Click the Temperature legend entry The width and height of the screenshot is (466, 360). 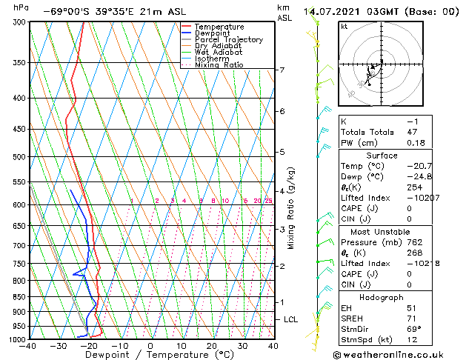click(219, 27)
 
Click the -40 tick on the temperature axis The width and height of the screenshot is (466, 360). click(28, 346)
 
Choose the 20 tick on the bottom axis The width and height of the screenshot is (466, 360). click(211, 346)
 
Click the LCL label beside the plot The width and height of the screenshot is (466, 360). click(291, 319)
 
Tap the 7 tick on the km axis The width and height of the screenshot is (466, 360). click(282, 70)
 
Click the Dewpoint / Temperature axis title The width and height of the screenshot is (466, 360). click(150, 356)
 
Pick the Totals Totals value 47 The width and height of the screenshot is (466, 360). click(413, 131)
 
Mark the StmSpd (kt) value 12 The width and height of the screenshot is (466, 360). click(413, 341)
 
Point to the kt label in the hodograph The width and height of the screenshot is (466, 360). click(344, 26)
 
